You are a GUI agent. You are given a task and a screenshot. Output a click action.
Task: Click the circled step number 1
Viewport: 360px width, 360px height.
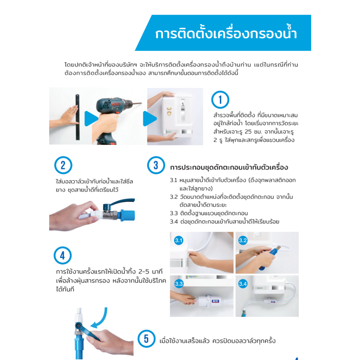[220, 99]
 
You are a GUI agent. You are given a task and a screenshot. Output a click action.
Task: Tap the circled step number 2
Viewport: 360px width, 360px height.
[63, 165]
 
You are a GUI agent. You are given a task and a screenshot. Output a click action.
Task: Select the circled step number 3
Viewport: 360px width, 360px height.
[156, 165]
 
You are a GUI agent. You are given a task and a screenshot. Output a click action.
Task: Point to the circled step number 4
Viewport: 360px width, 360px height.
[63, 255]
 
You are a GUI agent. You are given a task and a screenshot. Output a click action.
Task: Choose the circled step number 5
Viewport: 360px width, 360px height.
[146, 339]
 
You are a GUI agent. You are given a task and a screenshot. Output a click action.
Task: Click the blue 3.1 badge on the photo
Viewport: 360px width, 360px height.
[178, 240]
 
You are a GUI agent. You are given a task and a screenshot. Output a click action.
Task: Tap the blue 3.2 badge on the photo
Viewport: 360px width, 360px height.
[243, 240]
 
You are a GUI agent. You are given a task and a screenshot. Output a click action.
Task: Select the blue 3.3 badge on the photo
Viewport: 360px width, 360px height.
[179, 284]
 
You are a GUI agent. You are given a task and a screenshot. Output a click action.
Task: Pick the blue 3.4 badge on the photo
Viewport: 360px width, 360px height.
[243, 284]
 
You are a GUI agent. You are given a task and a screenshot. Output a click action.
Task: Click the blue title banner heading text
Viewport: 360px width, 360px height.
[226, 33]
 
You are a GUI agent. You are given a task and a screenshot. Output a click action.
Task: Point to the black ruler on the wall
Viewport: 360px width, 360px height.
[78, 117]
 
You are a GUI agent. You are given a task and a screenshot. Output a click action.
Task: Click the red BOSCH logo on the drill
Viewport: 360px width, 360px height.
[116, 104]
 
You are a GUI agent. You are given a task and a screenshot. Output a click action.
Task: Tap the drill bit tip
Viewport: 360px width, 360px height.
[141, 103]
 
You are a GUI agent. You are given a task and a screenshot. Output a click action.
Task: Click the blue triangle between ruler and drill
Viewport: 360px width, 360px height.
[91, 118]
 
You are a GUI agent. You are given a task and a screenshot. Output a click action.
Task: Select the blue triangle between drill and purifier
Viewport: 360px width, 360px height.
[149, 118]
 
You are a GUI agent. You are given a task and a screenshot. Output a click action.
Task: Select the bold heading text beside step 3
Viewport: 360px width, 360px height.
[229, 167]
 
